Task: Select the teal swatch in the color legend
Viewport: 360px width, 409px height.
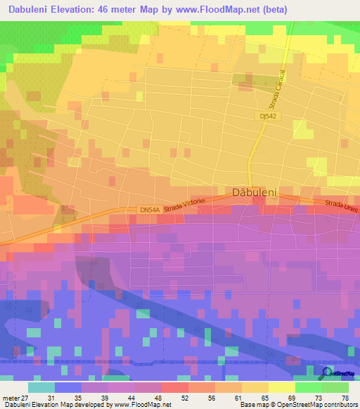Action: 41,387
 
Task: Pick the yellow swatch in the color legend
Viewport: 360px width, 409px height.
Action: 281,387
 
